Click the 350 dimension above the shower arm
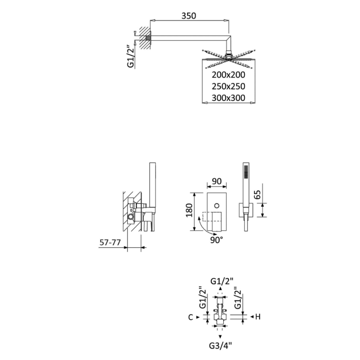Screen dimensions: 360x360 click(188, 16)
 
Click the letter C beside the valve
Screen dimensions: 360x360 click(191, 317)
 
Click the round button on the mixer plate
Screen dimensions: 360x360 click(216, 205)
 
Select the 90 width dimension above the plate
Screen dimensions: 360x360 click(216, 181)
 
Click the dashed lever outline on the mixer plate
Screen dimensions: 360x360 click(206, 218)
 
